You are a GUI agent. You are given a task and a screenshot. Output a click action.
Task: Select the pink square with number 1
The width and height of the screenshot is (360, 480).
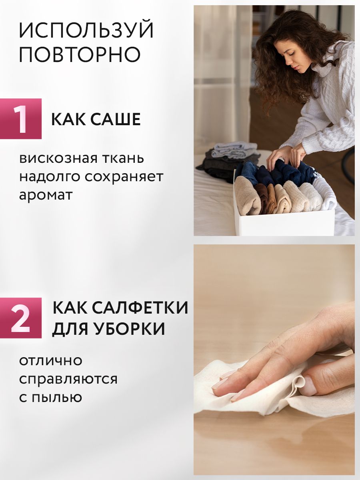pos(21,119)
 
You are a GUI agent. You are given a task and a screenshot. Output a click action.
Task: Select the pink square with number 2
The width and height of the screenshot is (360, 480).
pos(21,318)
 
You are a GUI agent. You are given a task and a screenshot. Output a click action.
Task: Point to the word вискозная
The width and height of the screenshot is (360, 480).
pos(58,158)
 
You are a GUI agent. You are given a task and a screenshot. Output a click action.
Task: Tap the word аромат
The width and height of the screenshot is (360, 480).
pos(46,195)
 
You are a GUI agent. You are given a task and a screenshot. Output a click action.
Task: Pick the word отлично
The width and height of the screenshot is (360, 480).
pos(51,361)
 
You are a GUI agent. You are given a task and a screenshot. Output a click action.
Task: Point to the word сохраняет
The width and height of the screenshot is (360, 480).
pos(124,177)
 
